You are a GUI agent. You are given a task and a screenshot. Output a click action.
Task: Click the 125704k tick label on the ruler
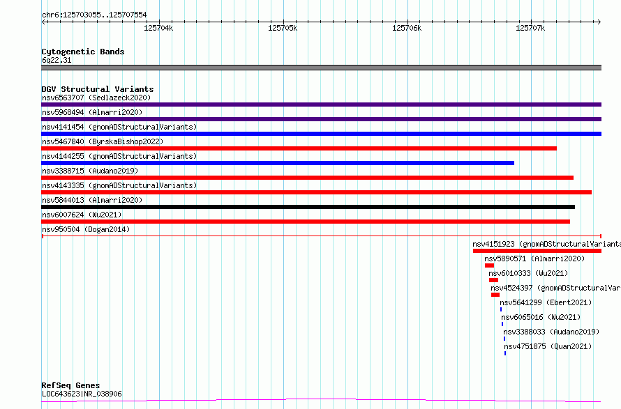[158, 28]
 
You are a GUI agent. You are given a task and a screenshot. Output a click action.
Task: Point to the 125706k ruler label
[407, 28]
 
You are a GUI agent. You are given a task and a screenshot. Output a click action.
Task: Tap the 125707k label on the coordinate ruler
[530, 28]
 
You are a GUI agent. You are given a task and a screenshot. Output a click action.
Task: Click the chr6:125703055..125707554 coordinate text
[94, 15]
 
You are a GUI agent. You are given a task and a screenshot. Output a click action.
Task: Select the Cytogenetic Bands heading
[83, 52]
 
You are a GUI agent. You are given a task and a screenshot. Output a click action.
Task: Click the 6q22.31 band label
[57, 60]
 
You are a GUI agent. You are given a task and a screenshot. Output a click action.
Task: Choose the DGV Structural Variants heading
[98, 89]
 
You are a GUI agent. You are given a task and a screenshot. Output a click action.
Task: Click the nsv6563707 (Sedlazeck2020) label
[96, 98]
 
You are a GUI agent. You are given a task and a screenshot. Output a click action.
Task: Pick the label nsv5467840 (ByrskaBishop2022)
[103, 141]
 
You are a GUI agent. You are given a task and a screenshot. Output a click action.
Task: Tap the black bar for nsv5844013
[308, 207]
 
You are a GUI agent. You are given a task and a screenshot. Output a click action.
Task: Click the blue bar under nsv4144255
[278, 163]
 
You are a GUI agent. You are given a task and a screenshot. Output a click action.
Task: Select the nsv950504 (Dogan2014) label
[86, 229]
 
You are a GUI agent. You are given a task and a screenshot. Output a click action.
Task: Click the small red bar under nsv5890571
[490, 265]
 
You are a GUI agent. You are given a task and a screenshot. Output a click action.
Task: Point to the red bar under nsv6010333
[493, 280]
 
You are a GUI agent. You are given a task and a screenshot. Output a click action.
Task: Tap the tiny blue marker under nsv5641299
[501, 309]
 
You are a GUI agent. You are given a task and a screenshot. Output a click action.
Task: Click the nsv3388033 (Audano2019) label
[551, 332]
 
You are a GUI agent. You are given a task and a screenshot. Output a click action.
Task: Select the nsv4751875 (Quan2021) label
[548, 346]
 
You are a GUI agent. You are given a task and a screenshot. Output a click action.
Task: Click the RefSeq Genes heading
[70, 385]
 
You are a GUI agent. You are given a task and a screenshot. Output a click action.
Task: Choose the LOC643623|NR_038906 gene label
[82, 394]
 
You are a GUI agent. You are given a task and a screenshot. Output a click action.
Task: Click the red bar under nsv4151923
[537, 251]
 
